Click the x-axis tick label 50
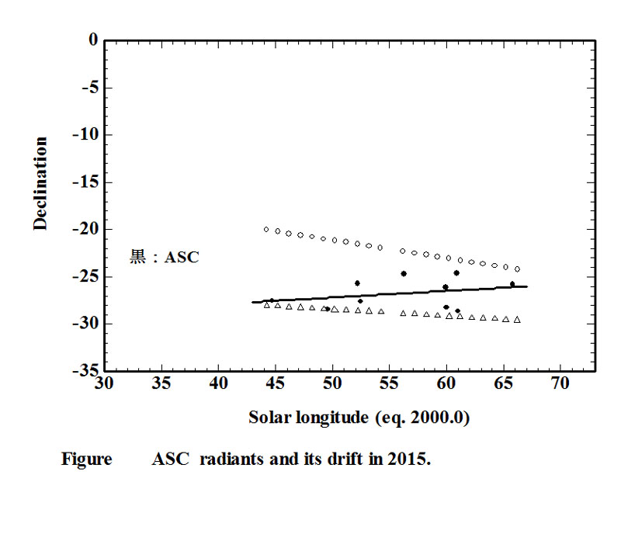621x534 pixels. tap(332, 383)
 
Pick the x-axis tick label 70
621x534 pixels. tap(560, 383)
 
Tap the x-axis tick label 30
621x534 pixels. tap(104, 383)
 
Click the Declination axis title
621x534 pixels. tap(40, 184)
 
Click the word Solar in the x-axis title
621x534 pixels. tap(268, 418)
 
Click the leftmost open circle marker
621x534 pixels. tap(266, 229)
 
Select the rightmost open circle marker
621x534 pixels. tap(517, 269)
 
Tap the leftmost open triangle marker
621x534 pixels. tap(267, 305)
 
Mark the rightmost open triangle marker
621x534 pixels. tap(517, 320)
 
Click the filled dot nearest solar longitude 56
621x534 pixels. tap(404, 273)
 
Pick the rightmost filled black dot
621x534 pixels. tap(512, 284)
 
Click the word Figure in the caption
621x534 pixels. tap(87, 459)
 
